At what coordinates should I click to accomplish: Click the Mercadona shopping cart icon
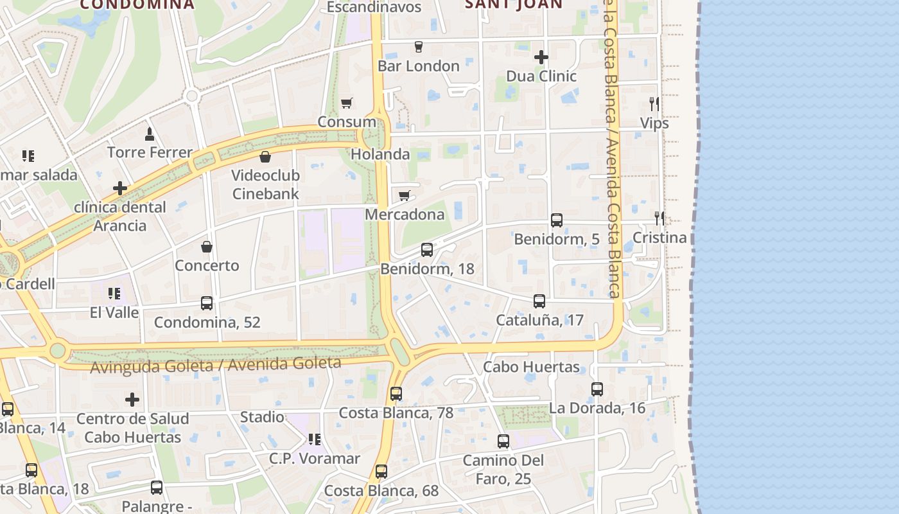[404, 195]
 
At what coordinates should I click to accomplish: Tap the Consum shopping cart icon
[347, 103]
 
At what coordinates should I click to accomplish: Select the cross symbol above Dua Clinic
[541, 57]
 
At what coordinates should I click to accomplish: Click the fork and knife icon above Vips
[654, 104]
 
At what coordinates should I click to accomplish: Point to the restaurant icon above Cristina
[659, 218]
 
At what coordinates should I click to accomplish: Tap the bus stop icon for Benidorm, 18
[427, 250]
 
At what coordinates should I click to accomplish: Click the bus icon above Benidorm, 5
[557, 220]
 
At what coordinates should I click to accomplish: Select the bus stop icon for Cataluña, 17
[539, 301]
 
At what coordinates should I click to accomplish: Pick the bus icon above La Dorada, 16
[597, 389]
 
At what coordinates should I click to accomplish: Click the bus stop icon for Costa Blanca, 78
[396, 394]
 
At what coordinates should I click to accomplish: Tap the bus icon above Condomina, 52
[207, 303]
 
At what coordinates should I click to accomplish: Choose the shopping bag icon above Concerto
[207, 247]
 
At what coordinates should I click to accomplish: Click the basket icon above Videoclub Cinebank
[265, 156]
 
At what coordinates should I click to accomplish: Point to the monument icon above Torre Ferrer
[150, 134]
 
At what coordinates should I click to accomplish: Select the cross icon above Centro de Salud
[132, 400]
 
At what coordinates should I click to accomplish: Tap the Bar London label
[419, 66]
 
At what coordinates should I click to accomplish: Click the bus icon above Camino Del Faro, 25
[503, 441]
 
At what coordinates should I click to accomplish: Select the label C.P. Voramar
[314, 458]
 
